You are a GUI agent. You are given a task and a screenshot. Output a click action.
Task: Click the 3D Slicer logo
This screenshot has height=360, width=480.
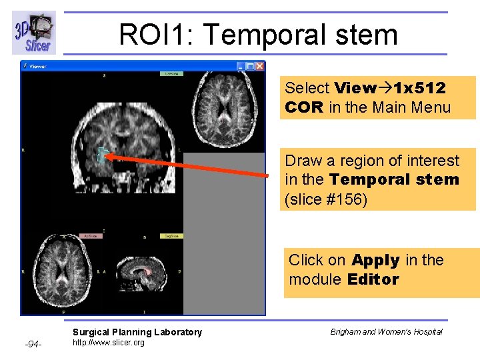pyautogui.click(x=34, y=33)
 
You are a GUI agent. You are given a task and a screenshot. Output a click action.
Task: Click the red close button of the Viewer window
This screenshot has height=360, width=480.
pyautogui.click(x=259, y=66)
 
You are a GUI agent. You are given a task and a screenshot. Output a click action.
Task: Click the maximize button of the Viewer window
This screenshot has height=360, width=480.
pyautogui.click(x=249, y=66)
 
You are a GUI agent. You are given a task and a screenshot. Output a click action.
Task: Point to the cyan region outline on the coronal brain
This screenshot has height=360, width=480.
pyautogui.click(x=101, y=155)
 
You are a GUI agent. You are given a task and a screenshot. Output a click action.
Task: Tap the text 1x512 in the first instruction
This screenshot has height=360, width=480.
pyautogui.click(x=419, y=88)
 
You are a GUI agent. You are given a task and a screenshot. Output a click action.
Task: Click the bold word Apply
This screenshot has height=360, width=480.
pyautogui.click(x=375, y=260)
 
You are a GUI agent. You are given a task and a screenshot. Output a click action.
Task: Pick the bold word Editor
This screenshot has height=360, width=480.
pyautogui.click(x=373, y=279)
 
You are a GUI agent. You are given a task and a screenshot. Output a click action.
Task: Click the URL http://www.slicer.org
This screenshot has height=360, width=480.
pyautogui.click(x=108, y=343)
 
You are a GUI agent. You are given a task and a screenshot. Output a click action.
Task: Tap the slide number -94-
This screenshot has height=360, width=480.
pyautogui.click(x=33, y=344)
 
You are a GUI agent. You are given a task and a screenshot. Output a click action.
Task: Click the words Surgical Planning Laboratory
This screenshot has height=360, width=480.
pyautogui.click(x=137, y=332)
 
